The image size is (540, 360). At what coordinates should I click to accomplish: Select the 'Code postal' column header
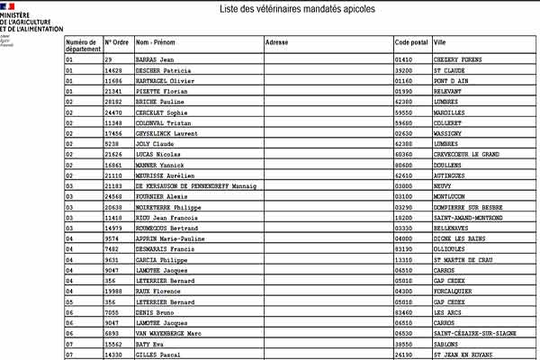[410, 42]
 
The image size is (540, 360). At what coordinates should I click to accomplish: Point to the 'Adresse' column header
[276, 42]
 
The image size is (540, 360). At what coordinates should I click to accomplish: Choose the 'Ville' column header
[439, 42]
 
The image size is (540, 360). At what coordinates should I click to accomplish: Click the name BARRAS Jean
[155, 59]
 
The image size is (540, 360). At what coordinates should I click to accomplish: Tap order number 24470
[114, 113]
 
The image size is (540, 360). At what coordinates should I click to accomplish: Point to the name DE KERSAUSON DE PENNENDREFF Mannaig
[195, 185]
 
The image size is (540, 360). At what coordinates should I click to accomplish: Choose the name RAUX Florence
[159, 291]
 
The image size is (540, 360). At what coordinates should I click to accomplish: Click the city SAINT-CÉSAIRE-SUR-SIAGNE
[475, 332]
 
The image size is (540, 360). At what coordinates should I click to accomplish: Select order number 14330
[114, 354]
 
